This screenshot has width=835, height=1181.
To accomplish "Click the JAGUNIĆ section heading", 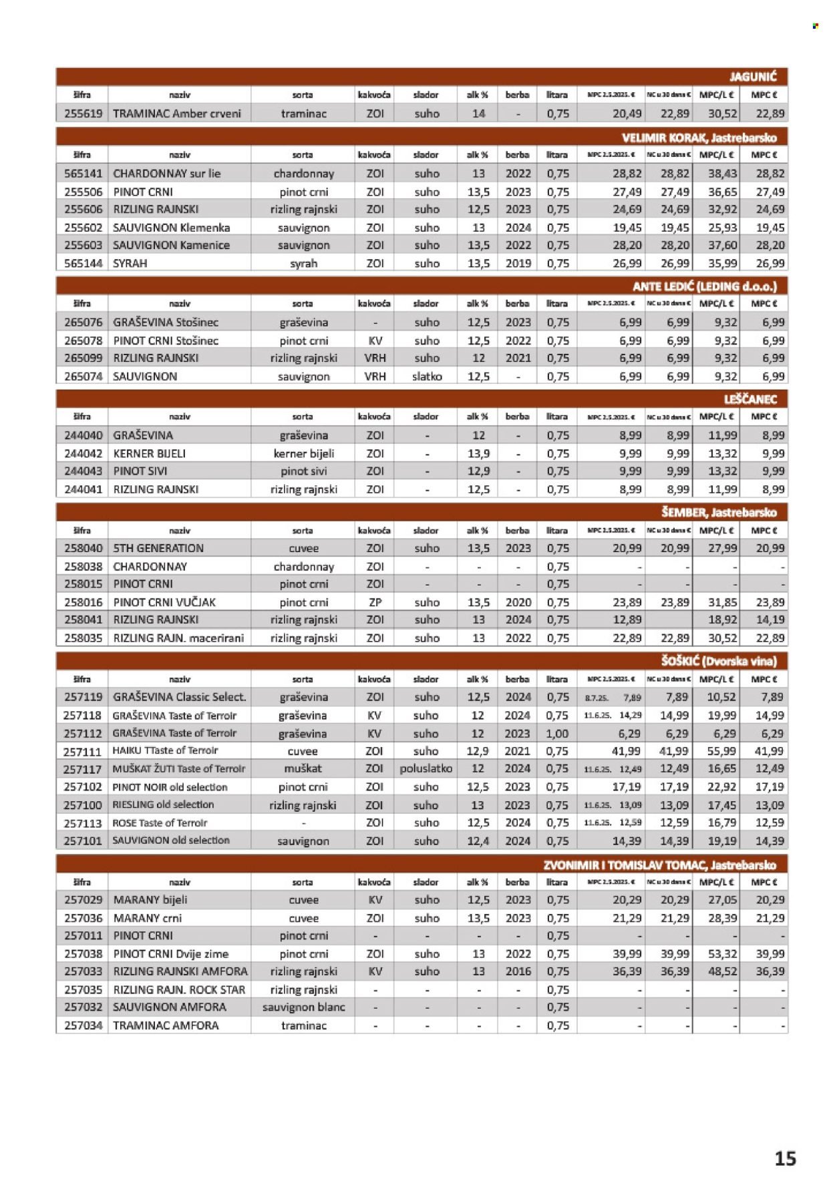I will tap(752, 77).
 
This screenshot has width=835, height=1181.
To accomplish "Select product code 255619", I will tap(83, 113).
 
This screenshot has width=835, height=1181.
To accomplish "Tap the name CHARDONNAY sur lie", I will tap(166, 174).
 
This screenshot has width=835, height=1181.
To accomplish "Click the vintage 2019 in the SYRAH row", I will tap(518, 264).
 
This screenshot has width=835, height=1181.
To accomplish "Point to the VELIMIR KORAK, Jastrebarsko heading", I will tap(699, 138).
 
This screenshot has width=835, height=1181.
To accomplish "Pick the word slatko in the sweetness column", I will tap(427, 377).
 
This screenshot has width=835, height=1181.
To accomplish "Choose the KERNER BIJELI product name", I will tap(150, 453).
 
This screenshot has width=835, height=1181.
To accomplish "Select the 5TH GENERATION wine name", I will tap(158, 548).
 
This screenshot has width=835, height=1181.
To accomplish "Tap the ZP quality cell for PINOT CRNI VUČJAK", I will tap(375, 602).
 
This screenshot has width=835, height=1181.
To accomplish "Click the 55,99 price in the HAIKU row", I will tap(721, 751).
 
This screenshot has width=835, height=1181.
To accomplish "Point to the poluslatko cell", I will tap(426, 769).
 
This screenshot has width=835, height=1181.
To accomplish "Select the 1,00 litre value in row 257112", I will tap(557, 733).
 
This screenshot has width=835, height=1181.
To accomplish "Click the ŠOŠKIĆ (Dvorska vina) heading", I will tap(719, 662).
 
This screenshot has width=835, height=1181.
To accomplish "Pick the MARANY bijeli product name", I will tap(150, 900).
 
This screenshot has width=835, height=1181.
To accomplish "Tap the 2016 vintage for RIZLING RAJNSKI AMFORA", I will tap(518, 972).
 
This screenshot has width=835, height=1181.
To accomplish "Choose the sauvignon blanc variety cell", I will tap(303, 1007).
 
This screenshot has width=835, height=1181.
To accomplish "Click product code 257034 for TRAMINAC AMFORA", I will tap(83, 1025).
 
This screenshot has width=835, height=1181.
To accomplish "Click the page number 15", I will tap(785, 1158).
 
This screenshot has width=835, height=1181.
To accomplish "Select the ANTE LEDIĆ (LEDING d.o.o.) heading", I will tap(704, 287).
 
